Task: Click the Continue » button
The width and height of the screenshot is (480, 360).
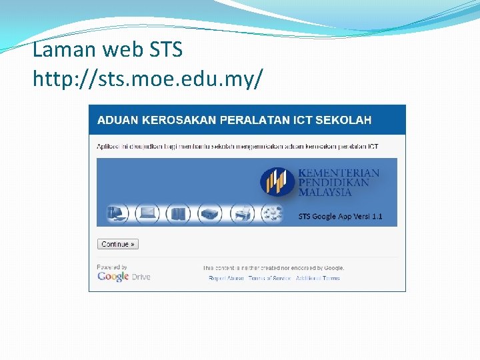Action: pyautogui.click(x=117, y=245)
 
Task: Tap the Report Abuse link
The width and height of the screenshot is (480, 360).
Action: pyautogui.click(x=226, y=278)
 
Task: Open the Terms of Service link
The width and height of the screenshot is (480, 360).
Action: pyautogui.click(x=269, y=278)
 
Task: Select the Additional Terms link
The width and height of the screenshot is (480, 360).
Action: pyautogui.click(x=317, y=278)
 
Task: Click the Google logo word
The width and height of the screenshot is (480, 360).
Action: pyautogui.click(x=113, y=277)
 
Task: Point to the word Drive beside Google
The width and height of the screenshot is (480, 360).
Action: pyautogui.click(x=141, y=277)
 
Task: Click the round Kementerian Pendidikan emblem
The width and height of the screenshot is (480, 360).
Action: pyautogui.click(x=277, y=182)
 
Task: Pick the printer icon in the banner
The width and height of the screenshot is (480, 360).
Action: pyautogui.click(x=241, y=214)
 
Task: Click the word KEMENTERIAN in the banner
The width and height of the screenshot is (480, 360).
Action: pyautogui.click(x=339, y=173)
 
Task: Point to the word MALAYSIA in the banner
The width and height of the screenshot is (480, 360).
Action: pyautogui.click(x=325, y=192)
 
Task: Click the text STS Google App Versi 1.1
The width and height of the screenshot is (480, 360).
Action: pyautogui.click(x=340, y=217)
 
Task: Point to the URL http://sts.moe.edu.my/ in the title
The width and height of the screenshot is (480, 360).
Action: pyautogui.click(x=147, y=79)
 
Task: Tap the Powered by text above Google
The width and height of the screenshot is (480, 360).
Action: pyautogui.click(x=112, y=267)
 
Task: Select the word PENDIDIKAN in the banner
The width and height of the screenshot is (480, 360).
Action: pyautogui.click(x=334, y=183)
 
